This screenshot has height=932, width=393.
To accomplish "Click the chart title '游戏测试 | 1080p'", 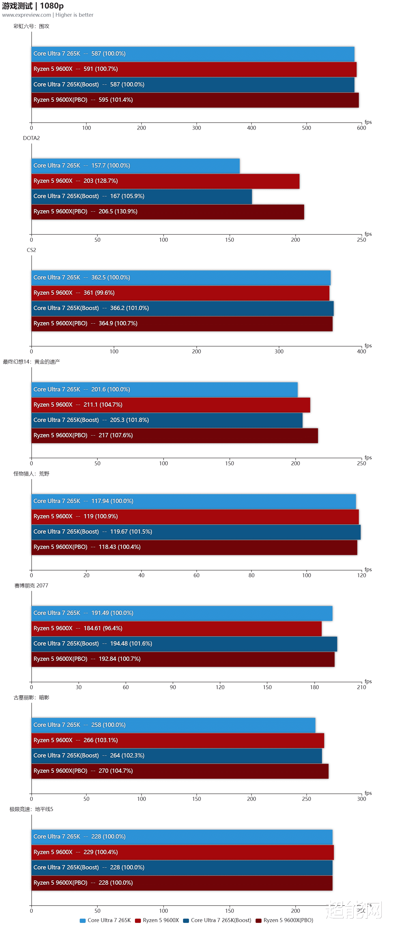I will [x=33, y=6].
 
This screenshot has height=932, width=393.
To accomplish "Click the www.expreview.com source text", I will [x=26, y=15].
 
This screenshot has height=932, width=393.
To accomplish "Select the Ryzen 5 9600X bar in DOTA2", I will [x=166, y=181].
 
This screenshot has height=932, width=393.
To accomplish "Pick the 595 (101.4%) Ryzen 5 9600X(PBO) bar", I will [x=195, y=100].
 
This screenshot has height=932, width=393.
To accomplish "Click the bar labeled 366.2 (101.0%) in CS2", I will [x=182, y=308].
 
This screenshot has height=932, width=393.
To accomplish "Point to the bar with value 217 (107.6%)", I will [x=175, y=436].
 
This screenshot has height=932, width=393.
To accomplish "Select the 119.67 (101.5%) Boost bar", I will [x=196, y=532].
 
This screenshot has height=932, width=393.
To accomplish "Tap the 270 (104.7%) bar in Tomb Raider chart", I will [x=180, y=771].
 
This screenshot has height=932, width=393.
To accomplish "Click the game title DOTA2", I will [x=31, y=138].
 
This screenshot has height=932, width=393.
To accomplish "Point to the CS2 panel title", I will [x=31, y=250].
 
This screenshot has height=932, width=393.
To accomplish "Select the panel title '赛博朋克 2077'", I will [x=31, y=586].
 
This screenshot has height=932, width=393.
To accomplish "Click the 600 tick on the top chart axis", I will [x=361, y=128].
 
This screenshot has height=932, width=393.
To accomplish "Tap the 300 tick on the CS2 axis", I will [x=279, y=352].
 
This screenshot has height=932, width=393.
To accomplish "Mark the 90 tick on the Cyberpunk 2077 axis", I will [x=173, y=687].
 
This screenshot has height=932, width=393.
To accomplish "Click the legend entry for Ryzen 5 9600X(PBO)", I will [x=285, y=920].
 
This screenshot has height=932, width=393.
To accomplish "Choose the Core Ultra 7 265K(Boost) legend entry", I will [x=218, y=920].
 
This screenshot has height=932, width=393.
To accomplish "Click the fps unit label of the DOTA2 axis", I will [x=368, y=234].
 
